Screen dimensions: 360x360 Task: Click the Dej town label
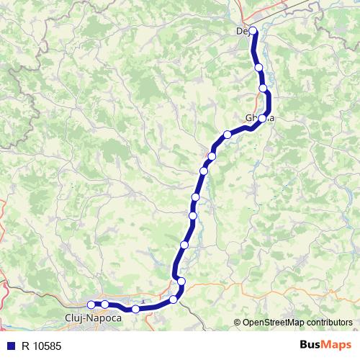[243, 31]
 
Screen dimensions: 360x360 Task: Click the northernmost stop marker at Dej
[253, 31]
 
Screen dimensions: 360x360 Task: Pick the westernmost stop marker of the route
[91, 305]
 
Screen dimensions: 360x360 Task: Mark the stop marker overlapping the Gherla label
[263, 118]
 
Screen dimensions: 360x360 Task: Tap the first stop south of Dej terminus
[258, 68]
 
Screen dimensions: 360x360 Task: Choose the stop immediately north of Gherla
[263, 89]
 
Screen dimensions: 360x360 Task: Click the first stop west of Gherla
[228, 134]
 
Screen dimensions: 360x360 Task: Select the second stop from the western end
[105, 305]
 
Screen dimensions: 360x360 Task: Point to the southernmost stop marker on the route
[135, 309]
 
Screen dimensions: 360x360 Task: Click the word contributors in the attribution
[330, 323]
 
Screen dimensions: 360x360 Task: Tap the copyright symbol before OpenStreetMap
[238, 323]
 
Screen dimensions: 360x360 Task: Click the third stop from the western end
[135, 309]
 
